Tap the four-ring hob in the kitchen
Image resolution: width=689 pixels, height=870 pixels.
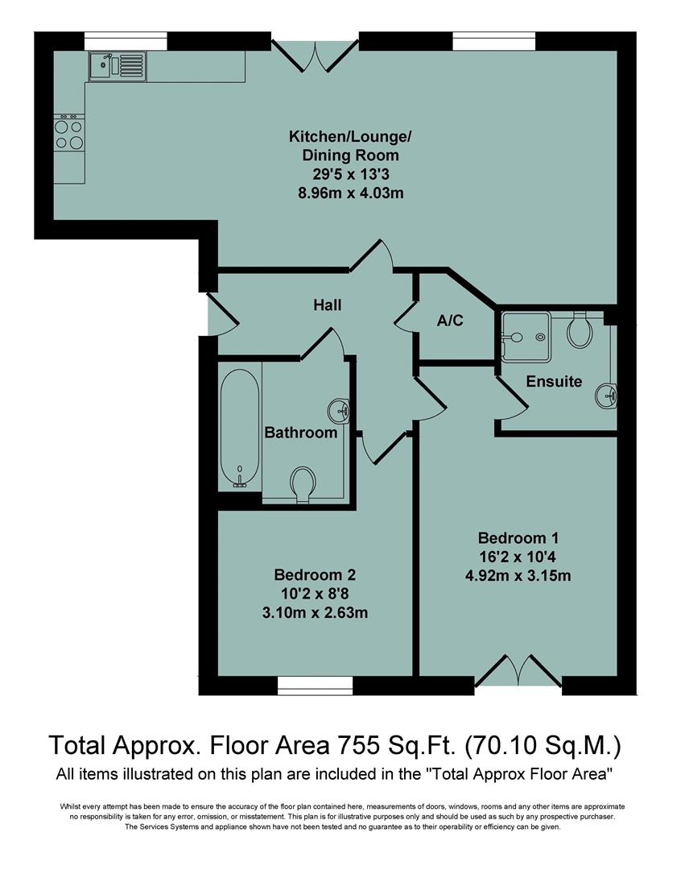(68, 134)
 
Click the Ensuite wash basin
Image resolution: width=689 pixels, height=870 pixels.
(607, 395)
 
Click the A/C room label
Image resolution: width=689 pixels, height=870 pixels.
(450, 321)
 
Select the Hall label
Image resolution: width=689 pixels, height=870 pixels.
(328, 305)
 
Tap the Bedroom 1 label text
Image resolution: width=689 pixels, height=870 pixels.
(518, 538)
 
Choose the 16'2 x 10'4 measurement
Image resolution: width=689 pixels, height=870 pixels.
(518, 557)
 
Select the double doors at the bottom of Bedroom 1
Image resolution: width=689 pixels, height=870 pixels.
(518, 672)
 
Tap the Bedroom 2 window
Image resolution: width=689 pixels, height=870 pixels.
(315, 685)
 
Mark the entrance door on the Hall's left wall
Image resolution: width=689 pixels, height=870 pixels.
(220, 313)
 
